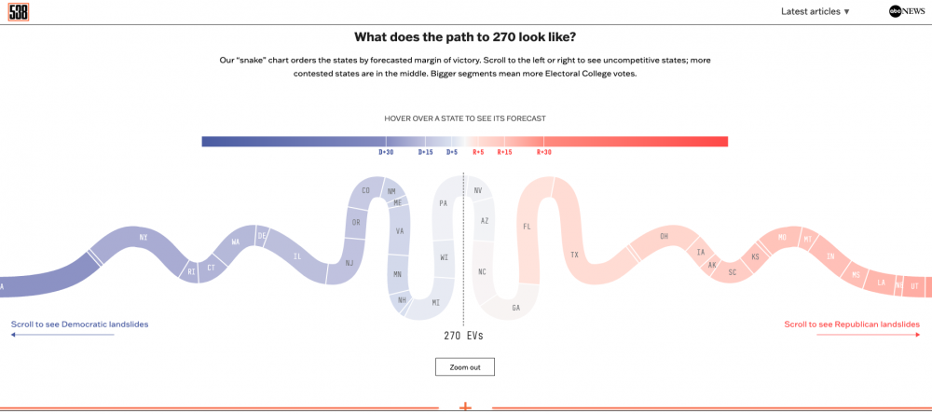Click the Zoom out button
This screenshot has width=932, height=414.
[464, 366]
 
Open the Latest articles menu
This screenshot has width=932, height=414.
[815, 11]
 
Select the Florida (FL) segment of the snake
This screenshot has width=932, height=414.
[528, 227]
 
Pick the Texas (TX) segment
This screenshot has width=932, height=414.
[574, 255]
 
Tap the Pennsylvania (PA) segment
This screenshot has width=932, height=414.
[444, 203]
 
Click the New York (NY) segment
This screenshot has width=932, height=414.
[143, 239]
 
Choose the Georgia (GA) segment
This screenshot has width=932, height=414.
[515, 307]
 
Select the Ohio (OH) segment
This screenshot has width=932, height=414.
[664, 237]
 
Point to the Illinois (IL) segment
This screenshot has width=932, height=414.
[297, 256]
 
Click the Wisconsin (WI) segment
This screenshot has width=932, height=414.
[445, 257]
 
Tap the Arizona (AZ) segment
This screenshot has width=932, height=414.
[484, 221]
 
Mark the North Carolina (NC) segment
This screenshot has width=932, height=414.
[482, 271]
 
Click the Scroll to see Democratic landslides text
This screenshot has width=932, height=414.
[79, 324]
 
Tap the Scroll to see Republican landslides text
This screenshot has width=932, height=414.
[852, 324]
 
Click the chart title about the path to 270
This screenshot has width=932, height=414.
[465, 37]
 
